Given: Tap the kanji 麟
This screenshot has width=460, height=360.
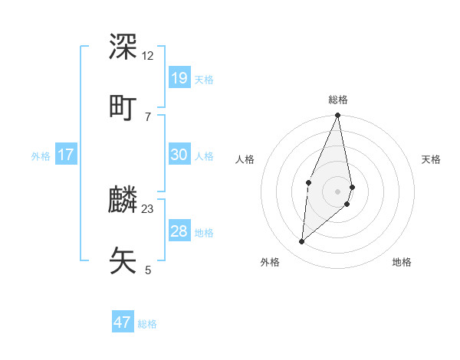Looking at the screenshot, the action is (123, 199).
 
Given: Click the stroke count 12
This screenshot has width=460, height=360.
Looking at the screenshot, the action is (148, 55).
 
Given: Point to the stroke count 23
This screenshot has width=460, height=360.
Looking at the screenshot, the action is (148, 208).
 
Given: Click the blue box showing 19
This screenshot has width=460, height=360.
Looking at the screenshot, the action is (179, 78).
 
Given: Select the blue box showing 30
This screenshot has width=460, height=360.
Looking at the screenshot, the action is (179, 155).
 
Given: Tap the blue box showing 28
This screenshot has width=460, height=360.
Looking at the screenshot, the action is (179, 231).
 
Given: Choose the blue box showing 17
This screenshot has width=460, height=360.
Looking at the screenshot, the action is (66, 155).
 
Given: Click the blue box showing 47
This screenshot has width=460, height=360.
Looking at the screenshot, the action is (123, 322).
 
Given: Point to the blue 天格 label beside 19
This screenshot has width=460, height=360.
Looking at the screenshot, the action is (204, 79).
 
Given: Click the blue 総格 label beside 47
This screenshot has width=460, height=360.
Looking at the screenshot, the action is (147, 324).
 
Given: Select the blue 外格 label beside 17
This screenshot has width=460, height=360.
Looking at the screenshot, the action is (41, 155).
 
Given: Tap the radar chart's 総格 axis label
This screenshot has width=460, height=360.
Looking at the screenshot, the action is (338, 100).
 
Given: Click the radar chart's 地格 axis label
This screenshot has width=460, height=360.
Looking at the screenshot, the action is (402, 262).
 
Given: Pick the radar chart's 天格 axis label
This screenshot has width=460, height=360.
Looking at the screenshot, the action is (431, 159).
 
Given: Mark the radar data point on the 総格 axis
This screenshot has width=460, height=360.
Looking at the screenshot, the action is (338, 116).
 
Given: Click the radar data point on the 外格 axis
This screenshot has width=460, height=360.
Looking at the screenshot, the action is (302, 242).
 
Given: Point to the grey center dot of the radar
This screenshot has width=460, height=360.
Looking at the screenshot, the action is (338, 191).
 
